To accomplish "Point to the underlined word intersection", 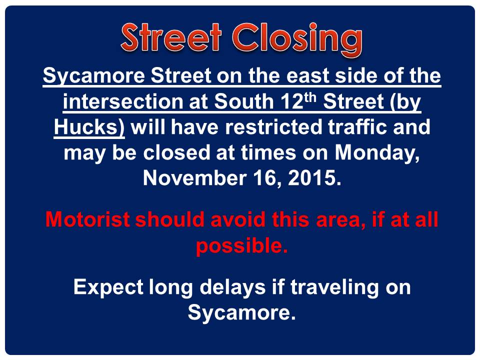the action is coord(122,101).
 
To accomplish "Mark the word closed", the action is coord(176,152).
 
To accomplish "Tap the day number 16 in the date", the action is coord(264,178).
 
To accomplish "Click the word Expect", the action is coord(108,288).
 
